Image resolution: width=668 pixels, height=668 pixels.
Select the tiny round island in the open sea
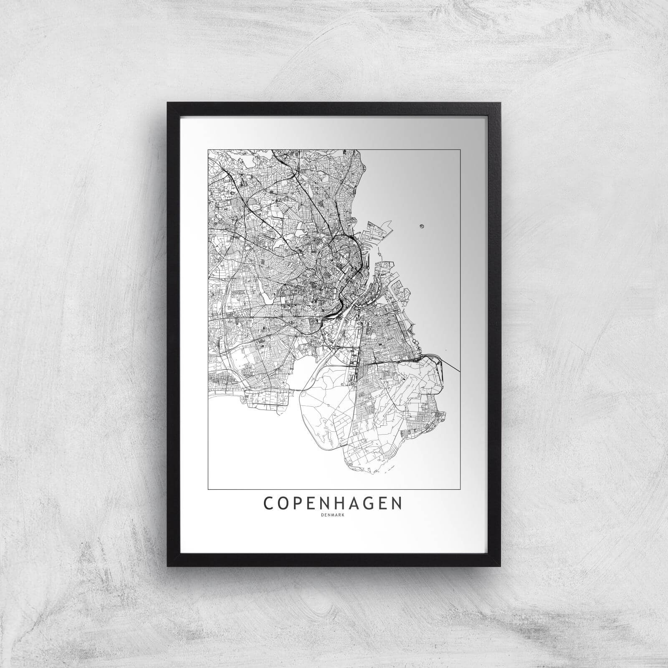421,227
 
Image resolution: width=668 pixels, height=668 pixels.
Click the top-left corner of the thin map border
208,149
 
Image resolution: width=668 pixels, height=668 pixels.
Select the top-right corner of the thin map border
461,149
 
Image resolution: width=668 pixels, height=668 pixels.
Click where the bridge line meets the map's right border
461,370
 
